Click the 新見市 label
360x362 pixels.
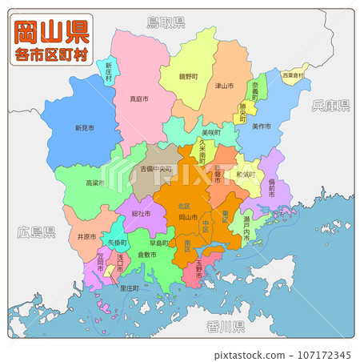(x=84, y=127)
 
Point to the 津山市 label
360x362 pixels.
(x=224, y=86)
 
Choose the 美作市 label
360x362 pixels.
(x=261, y=127)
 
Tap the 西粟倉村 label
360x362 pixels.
(x=294, y=75)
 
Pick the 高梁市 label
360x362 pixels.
(x=94, y=183)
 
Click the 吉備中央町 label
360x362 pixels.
(x=157, y=170)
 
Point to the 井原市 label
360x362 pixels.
(x=87, y=237)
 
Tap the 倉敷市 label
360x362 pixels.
(x=147, y=255)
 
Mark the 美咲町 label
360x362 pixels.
(x=211, y=133)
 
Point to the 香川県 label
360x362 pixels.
(x=225, y=326)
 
